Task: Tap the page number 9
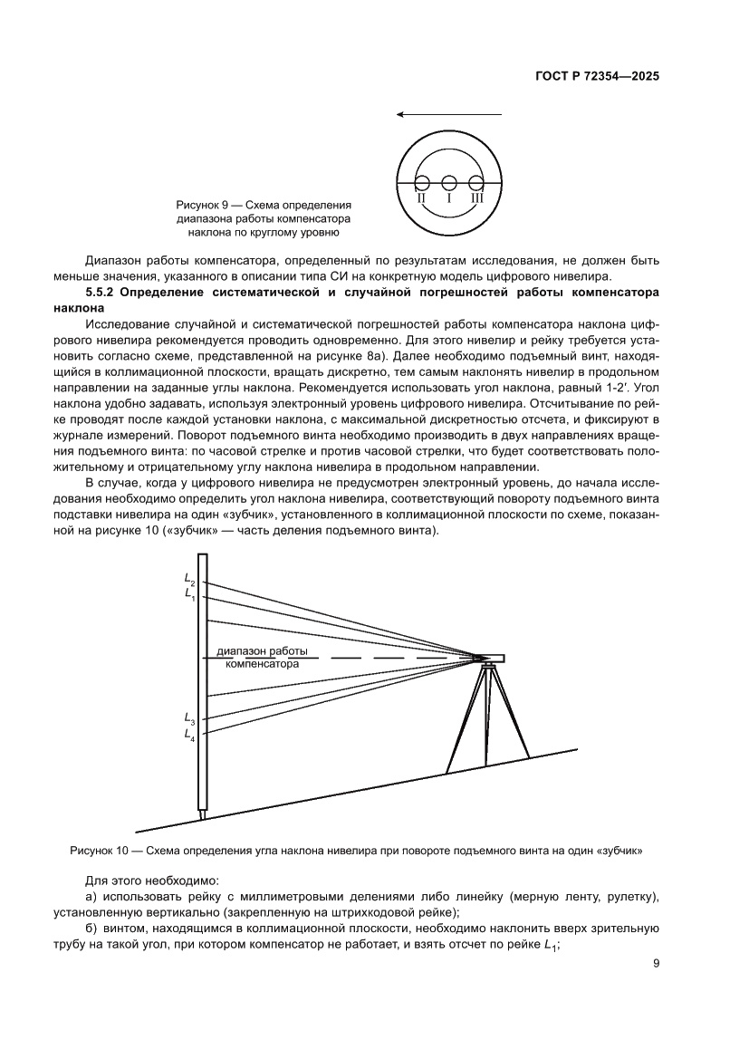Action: click(x=655, y=964)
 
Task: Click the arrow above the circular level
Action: click(x=449, y=115)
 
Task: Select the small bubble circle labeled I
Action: click(x=449, y=182)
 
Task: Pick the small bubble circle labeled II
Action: click(x=422, y=182)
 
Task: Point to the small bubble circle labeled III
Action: click(x=476, y=182)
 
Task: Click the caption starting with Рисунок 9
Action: click(x=264, y=219)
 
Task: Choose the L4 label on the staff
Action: click(x=189, y=734)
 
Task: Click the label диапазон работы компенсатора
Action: click(x=262, y=658)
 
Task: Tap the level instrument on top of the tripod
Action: click(x=489, y=659)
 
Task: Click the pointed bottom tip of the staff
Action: click(x=203, y=815)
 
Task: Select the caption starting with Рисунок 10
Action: click(x=356, y=851)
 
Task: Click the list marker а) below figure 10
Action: click(x=91, y=896)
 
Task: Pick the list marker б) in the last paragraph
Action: click(x=91, y=929)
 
